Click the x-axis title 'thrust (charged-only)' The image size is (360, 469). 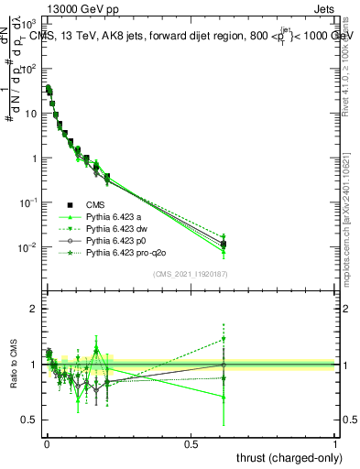coord(289,455)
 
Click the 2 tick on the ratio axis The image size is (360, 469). coord(33,309)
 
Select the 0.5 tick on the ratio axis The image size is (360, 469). coord(28,420)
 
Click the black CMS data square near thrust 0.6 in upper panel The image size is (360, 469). coord(224,244)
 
